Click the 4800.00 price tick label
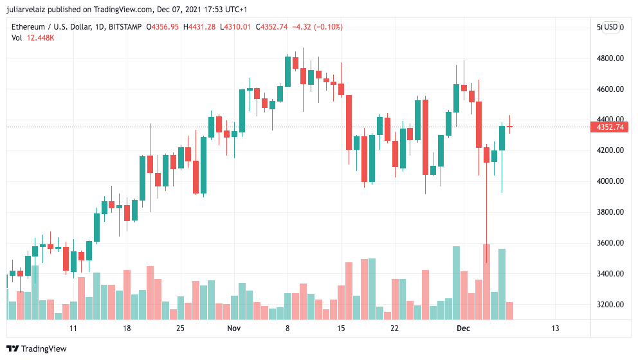pos(610,59)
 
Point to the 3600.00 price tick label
pos(610,243)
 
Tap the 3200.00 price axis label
pos(610,305)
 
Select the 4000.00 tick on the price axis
pos(610,181)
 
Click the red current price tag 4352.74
pos(610,127)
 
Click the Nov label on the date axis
pos(233,328)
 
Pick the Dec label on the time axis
pos(463,328)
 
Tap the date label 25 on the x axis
pos(181,328)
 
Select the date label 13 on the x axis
pos(555,328)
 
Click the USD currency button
pos(610,27)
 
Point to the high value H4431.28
pos(200,27)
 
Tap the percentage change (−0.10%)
pos(329,27)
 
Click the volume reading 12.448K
pos(41,38)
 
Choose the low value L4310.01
pos(236,27)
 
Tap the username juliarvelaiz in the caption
pos(30,10)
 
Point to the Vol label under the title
pos(17,38)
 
